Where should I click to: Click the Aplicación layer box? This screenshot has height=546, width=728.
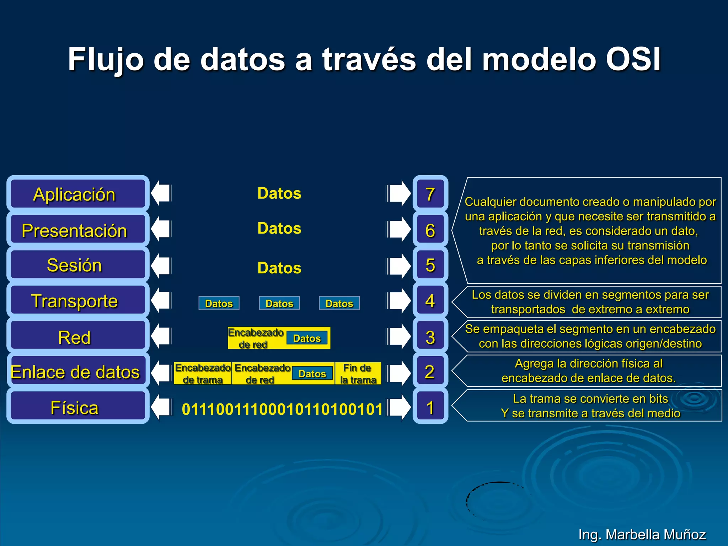(77, 194)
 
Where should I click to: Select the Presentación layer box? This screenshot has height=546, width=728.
(77, 230)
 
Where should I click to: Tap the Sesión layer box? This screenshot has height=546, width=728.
(77, 265)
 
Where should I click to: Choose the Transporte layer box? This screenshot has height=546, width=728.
(77, 300)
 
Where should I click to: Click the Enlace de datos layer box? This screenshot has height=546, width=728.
(77, 371)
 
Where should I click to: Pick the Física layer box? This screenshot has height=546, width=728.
(77, 407)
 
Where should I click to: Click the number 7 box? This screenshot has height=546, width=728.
(430, 194)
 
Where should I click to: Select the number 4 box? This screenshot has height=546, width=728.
(430, 301)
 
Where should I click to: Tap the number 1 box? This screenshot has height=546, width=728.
(430, 407)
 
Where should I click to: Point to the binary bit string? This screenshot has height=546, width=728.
(282, 409)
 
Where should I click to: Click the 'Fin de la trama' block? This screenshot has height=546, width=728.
(358, 374)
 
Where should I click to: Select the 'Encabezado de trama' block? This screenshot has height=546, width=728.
(203, 374)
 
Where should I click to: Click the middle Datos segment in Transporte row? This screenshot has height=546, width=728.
(279, 303)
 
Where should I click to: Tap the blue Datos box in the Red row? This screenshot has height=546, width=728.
(307, 338)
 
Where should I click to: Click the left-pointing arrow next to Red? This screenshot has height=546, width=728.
(161, 336)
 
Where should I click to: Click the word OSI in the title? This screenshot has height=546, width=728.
(633, 59)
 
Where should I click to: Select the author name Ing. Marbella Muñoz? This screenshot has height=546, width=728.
(642, 534)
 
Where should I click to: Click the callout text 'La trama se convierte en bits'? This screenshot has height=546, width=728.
(590, 398)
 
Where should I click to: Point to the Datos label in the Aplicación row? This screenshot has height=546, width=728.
(279, 193)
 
